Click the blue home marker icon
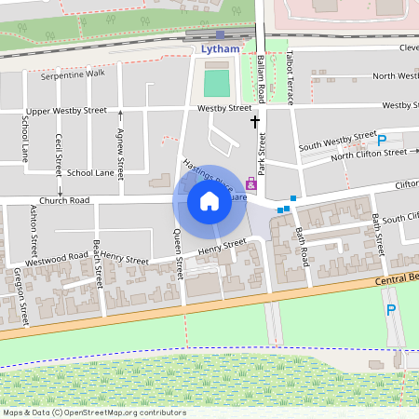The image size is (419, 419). [209, 201]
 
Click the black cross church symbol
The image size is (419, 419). [255, 121]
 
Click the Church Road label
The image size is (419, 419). [65, 200]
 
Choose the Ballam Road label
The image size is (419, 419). [262, 79]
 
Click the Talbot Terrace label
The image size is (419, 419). [291, 74]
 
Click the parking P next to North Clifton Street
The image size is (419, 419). [383, 141]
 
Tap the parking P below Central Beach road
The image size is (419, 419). [390, 311]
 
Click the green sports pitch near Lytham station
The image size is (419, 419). [216, 83]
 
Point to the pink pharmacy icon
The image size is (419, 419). [250, 184]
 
